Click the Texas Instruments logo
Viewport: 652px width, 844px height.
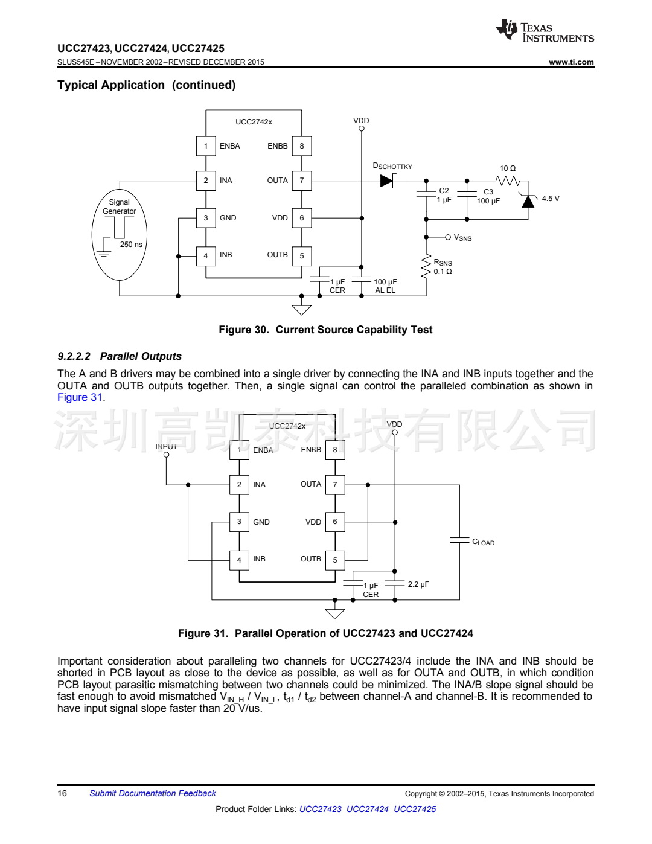[545, 31]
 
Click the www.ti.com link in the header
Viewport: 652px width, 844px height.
[571, 62]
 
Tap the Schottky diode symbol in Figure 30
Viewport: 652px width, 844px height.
[387, 181]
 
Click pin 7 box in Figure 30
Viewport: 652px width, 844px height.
[302, 181]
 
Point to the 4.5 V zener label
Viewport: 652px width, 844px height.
[551, 199]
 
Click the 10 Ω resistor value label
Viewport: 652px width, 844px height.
[508, 168]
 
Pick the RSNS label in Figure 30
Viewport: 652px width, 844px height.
[443, 263]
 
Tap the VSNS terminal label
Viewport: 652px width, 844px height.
[463, 238]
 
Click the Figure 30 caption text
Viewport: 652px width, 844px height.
[325, 330]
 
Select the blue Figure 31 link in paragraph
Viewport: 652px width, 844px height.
[80, 397]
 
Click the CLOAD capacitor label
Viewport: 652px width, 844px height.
[484, 542]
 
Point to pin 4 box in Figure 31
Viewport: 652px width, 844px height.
[239, 560]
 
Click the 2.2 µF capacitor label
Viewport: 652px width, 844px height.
[418, 584]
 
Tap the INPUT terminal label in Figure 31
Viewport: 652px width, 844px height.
[166, 447]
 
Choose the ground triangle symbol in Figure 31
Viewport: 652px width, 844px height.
[335, 614]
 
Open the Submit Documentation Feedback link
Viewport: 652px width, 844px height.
[153, 794]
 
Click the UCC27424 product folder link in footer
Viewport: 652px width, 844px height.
[368, 809]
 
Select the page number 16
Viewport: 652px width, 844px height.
[62, 794]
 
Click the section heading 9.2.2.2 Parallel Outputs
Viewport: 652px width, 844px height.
[120, 356]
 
